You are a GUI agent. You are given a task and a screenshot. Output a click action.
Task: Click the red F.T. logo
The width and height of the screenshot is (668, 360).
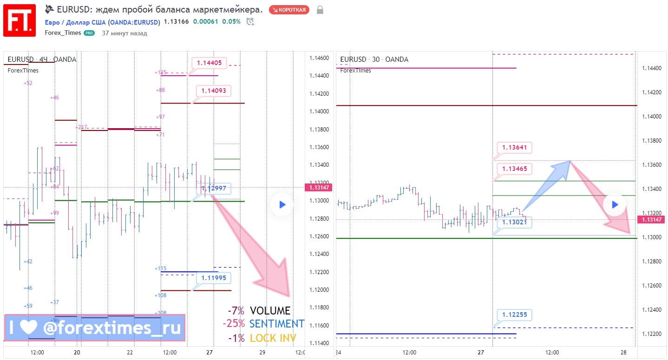tap(20, 20)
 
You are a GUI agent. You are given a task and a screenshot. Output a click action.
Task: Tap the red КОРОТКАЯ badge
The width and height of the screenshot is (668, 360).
tap(289, 10)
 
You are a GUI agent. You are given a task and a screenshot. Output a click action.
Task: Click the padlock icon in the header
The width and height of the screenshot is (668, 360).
tap(320, 10)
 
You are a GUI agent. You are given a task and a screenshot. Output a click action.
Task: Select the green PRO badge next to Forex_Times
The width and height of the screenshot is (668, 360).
tap(89, 33)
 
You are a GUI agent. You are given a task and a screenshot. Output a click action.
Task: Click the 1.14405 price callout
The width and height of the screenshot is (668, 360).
tap(209, 63)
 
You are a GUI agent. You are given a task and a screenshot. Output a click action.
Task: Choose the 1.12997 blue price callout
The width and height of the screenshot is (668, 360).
tap(214, 188)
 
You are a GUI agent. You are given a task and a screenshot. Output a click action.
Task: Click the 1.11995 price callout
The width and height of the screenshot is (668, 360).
tap(214, 278)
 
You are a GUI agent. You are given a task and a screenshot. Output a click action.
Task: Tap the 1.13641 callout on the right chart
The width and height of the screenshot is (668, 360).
tap(514, 148)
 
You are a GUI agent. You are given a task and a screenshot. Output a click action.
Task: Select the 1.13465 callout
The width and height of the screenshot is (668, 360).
tap(514, 169)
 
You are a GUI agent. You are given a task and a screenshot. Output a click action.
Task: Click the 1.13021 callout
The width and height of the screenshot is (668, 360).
tap(514, 223)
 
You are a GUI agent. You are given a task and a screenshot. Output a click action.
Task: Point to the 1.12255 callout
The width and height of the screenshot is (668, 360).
tap(514, 315)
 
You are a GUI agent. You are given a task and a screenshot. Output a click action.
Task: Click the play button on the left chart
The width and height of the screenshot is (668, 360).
tap(282, 204)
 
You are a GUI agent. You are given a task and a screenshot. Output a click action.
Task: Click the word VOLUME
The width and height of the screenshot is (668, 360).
tap(270, 311)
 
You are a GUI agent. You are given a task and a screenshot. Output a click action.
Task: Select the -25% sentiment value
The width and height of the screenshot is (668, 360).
tap(234, 324)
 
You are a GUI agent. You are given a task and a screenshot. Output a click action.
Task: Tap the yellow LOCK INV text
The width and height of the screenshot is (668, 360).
tap(273, 338)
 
